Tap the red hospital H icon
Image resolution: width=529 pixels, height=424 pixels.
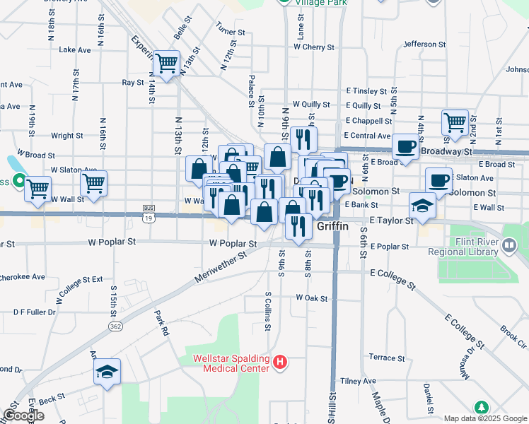pyautogui.click(x=280, y=363)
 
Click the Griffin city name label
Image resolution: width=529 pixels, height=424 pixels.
pyautogui.click(x=335, y=226)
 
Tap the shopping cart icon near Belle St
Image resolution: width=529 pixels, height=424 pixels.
pyautogui.click(x=167, y=64)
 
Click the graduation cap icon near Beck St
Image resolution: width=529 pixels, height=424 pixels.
pyautogui.click(x=107, y=372)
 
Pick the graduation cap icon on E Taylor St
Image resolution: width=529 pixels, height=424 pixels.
pyautogui.click(x=423, y=205)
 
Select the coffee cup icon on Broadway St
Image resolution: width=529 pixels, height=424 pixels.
pyautogui.click(x=405, y=146)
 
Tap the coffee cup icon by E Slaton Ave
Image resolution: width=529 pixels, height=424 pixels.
pyautogui.click(x=438, y=179)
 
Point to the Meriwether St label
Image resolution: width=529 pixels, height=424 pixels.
pyautogui.click(x=224, y=262)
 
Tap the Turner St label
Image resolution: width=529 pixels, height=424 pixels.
pyautogui.click(x=231, y=33)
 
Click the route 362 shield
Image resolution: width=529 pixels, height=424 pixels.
pyautogui.click(x=116, y=326)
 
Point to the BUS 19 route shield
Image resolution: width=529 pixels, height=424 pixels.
pyautogui.click(x=148, y=213)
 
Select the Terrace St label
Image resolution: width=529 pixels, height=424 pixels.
pyautogui.click(x=386, y=358)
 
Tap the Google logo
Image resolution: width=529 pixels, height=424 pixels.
pyautogui.click(x=23, y=416)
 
